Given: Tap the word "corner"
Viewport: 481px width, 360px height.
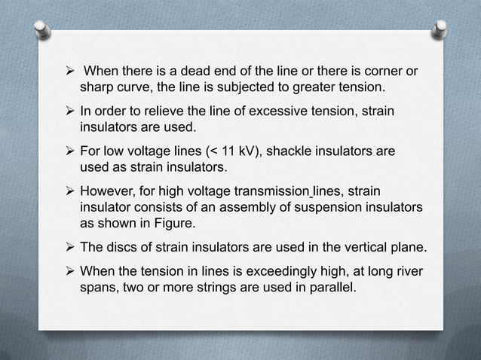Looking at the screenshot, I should click(381, 73).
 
